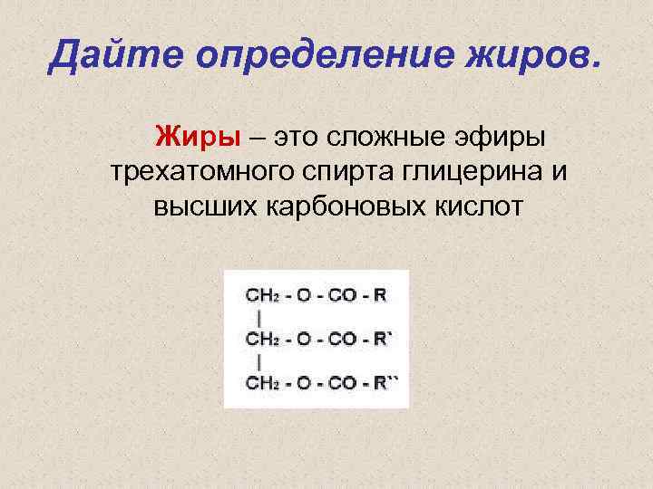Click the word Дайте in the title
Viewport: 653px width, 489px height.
click(107, 56)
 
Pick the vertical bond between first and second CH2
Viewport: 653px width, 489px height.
click(260, 318)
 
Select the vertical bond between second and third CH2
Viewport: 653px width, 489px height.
click(260, 361)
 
